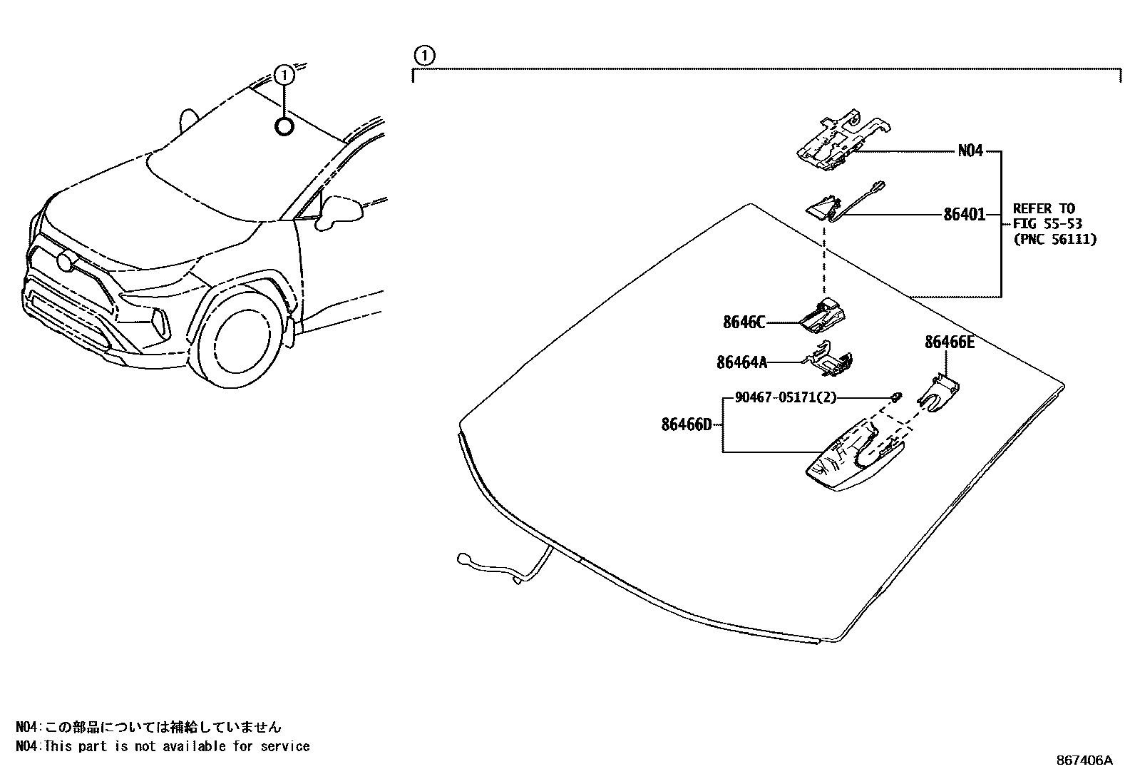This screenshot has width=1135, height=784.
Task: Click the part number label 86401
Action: (964, 214)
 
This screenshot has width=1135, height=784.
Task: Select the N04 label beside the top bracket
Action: (970, 151)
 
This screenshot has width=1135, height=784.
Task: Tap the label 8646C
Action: (744, 322)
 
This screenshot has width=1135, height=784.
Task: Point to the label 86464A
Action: (741, 362)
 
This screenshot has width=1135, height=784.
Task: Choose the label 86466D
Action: (687, 425)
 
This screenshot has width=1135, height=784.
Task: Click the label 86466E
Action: (949, 342)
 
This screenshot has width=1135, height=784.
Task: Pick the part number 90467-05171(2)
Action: (785, 397)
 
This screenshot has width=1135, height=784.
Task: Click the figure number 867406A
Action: (1084, 760)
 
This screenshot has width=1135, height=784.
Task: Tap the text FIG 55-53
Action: (1047, 224)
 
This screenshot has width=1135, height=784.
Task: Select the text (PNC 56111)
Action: (1054, 240)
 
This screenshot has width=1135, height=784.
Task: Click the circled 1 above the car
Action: (284, 74)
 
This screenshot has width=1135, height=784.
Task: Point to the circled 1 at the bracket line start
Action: (423, 55)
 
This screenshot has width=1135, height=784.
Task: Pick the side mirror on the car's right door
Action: (337, 211)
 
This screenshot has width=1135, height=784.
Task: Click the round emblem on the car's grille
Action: (67, 262)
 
